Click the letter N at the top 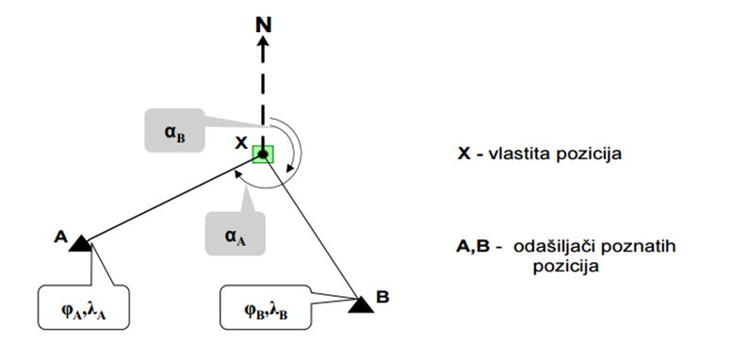[263, 25]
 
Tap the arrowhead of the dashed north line [263, 43]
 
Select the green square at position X [263, 154]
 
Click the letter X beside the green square [241, 143]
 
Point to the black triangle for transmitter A [80, 244]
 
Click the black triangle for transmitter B [362, 304]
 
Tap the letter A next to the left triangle [61, 237]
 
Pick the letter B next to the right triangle [383, 297]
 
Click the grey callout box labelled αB [174, 130]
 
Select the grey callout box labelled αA [236, 234]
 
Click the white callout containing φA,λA [84, 307]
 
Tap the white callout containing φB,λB [266, 307]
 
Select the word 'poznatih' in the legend [637, 246]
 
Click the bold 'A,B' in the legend [473, 246]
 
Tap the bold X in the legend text [464, 154]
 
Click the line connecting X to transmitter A [174, 200]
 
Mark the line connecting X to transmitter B [311, 226]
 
